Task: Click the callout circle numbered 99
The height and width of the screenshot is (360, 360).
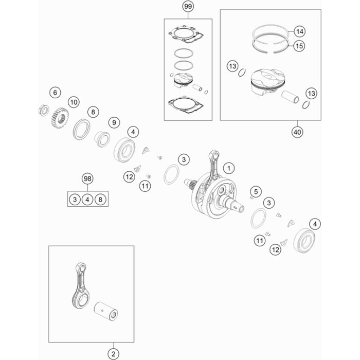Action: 188,6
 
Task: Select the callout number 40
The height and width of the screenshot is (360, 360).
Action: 297,132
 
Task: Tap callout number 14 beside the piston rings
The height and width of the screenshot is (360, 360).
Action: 299,31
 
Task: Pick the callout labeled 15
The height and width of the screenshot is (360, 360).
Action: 299,46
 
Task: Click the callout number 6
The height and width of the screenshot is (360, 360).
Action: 55,93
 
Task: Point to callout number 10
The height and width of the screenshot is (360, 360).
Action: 74,102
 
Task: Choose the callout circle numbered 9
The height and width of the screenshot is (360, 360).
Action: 114,122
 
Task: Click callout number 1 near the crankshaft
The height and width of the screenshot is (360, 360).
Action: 229,168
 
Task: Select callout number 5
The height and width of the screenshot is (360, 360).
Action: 256,191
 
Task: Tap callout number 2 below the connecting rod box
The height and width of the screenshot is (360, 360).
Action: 114,354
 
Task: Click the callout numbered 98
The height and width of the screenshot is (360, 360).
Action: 87,178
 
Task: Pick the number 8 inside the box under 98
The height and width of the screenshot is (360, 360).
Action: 100,200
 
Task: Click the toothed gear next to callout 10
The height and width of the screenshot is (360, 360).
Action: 60,118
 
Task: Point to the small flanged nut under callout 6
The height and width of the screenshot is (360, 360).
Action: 44,110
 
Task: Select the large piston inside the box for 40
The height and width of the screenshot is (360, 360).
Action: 267,82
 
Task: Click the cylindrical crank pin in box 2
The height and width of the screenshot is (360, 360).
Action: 106,311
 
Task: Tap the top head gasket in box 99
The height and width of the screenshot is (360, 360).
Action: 186,34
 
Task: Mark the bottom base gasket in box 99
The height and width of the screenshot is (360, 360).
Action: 186,105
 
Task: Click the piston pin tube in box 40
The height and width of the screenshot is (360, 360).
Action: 291,97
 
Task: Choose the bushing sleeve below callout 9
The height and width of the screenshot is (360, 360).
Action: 102,139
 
